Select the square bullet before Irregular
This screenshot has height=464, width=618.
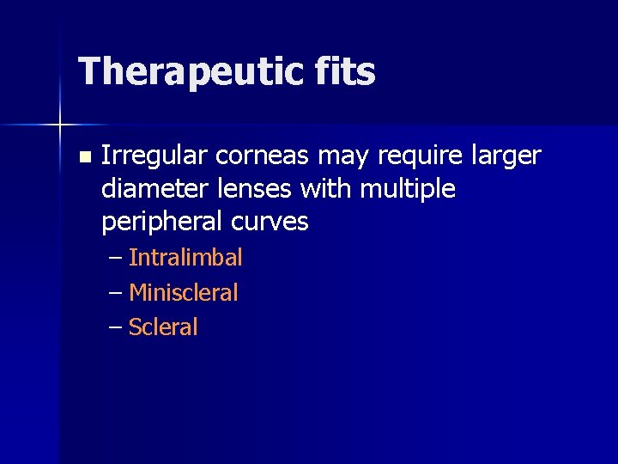click(83, 157)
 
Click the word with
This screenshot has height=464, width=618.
click(325, 189)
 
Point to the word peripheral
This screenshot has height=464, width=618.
click(162, 223)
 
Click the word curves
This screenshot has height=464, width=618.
click(270, 223)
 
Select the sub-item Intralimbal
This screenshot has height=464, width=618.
click(185, 258)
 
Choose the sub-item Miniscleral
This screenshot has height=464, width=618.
click(183, 293)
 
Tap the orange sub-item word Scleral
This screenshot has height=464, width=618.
click(163, 327)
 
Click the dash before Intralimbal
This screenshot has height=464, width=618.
click(116, 258)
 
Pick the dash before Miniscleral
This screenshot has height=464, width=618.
click(116, 293)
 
